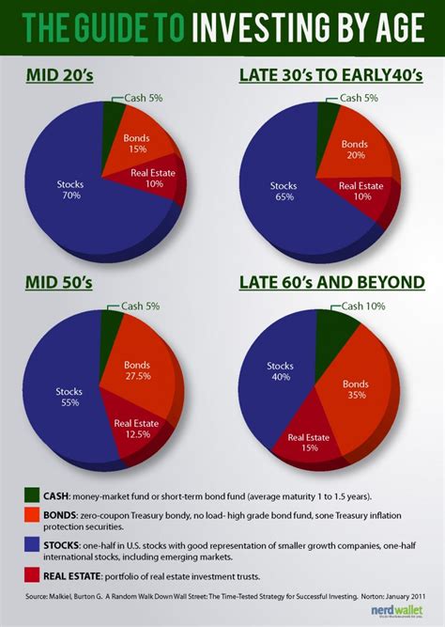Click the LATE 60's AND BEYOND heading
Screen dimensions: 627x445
coord(327,282)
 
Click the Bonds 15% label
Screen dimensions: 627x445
coord(137,144)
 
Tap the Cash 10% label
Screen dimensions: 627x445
coord(362,306)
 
